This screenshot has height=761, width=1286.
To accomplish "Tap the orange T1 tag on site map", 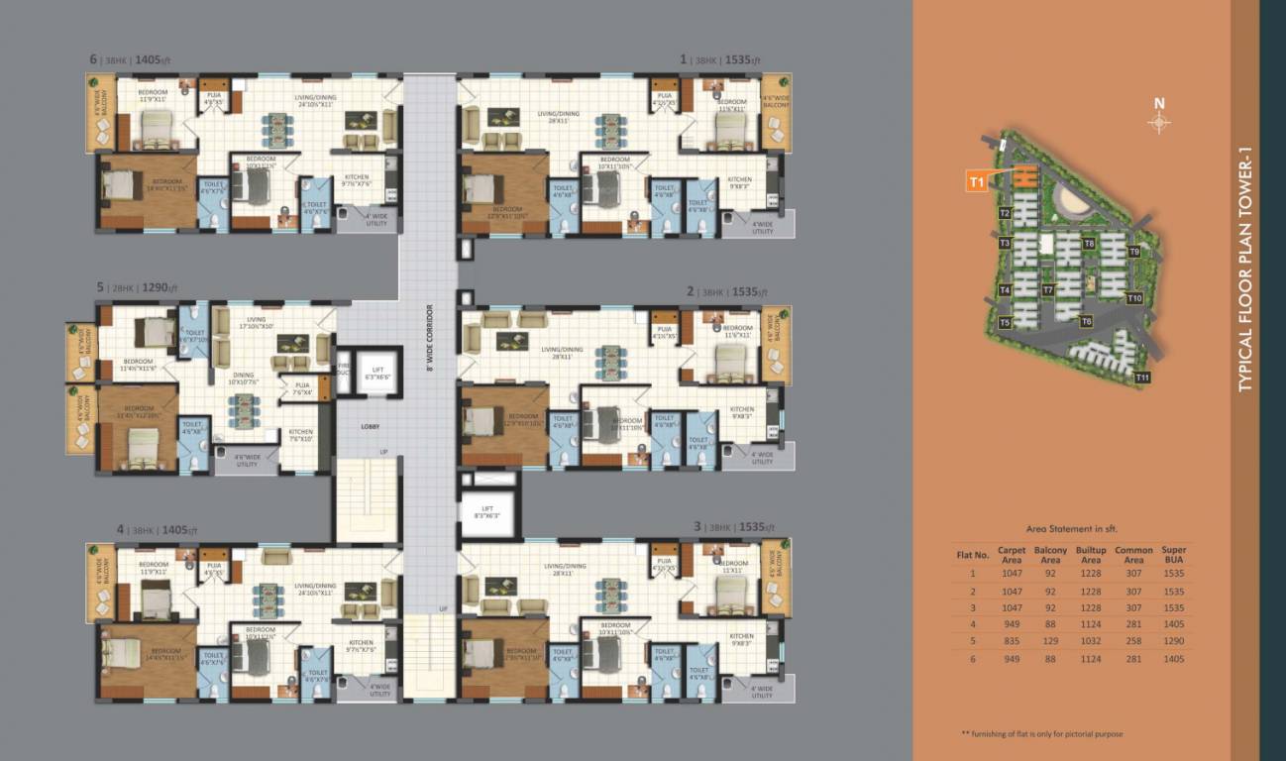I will [977, 181].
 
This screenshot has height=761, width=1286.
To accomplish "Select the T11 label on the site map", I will [1142, 378].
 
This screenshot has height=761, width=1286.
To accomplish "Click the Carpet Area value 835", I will [1012, 642].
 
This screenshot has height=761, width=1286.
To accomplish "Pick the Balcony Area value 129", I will [1050, 642].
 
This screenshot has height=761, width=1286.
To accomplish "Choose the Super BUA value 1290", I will [1173, 642].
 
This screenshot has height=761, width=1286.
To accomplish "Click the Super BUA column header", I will [1173, 555].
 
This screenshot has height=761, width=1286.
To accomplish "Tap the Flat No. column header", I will [973, 555].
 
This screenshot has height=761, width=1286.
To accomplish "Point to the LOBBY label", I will [371, 427].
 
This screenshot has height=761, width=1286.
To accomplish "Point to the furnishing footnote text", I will [1041, 734].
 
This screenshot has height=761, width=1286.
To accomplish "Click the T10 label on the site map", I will [1135, 298].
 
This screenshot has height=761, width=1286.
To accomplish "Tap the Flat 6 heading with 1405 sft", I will [131, 59].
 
